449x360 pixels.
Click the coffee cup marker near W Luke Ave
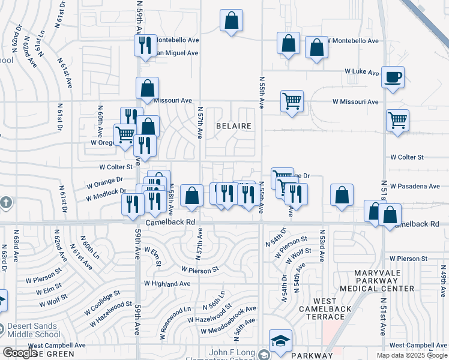[x=393, y=77]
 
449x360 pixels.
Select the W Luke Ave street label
[x=361, y=72]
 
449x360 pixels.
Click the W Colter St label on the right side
[x=407, y=157]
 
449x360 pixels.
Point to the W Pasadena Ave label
[x=415, y=187]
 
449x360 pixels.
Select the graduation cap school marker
[x=280, y=340]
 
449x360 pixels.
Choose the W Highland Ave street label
[x=167, y=283]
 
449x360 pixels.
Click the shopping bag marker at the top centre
[x=231, y=20]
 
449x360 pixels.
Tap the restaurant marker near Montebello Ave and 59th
[x=145, y=45]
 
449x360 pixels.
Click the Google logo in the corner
[x=20, y=353]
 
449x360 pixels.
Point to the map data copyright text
[x=412, y=355]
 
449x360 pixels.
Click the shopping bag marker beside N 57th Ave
[x=191, y=196]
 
